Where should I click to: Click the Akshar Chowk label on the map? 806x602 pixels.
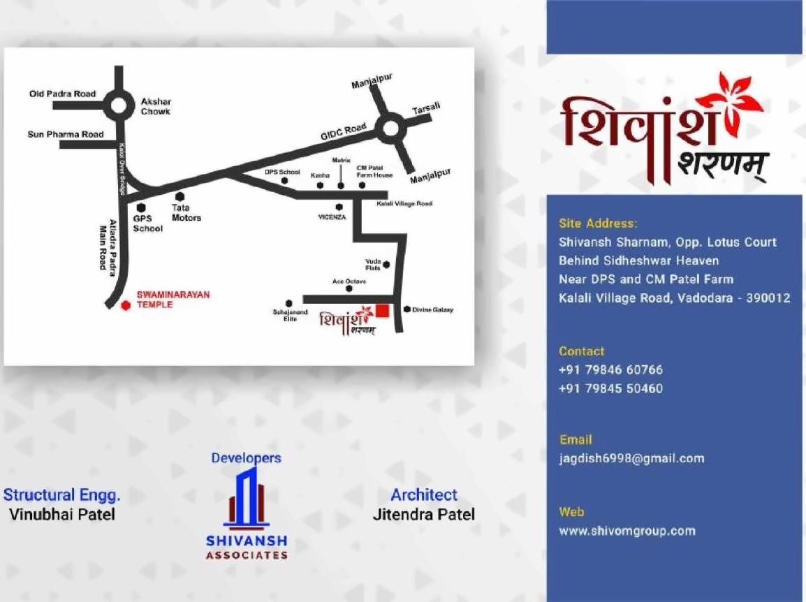click(x=155, y=106)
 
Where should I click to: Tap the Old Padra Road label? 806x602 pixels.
click(x=62, y=94)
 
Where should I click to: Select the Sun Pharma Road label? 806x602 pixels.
click(x=65, y=134)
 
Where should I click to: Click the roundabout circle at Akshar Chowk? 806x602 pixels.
click(x=118, y=106)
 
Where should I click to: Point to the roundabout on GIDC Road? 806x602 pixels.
click(x=389, y=128)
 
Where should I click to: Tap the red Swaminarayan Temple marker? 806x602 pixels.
click(x=126, y=304)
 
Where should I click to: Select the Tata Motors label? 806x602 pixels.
click(x=186, y=212)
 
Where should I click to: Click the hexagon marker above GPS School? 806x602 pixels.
click(x=141, y=207)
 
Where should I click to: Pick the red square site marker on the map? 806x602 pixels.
click(x=382, y=310)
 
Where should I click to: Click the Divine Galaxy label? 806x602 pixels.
click(x=432, y=309)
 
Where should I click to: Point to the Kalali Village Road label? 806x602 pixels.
click(x=404, y=204)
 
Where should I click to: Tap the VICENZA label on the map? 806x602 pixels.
click(x=332, y=217)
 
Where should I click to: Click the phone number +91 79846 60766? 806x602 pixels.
click(x=610, y=369)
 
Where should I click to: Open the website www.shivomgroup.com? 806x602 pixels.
click(x=627, y=531)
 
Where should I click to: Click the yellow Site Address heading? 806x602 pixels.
click(x=598, y=223)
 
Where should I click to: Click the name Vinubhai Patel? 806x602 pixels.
click(x=62, y=515)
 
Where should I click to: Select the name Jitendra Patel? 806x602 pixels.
click(x=423, y=515)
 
